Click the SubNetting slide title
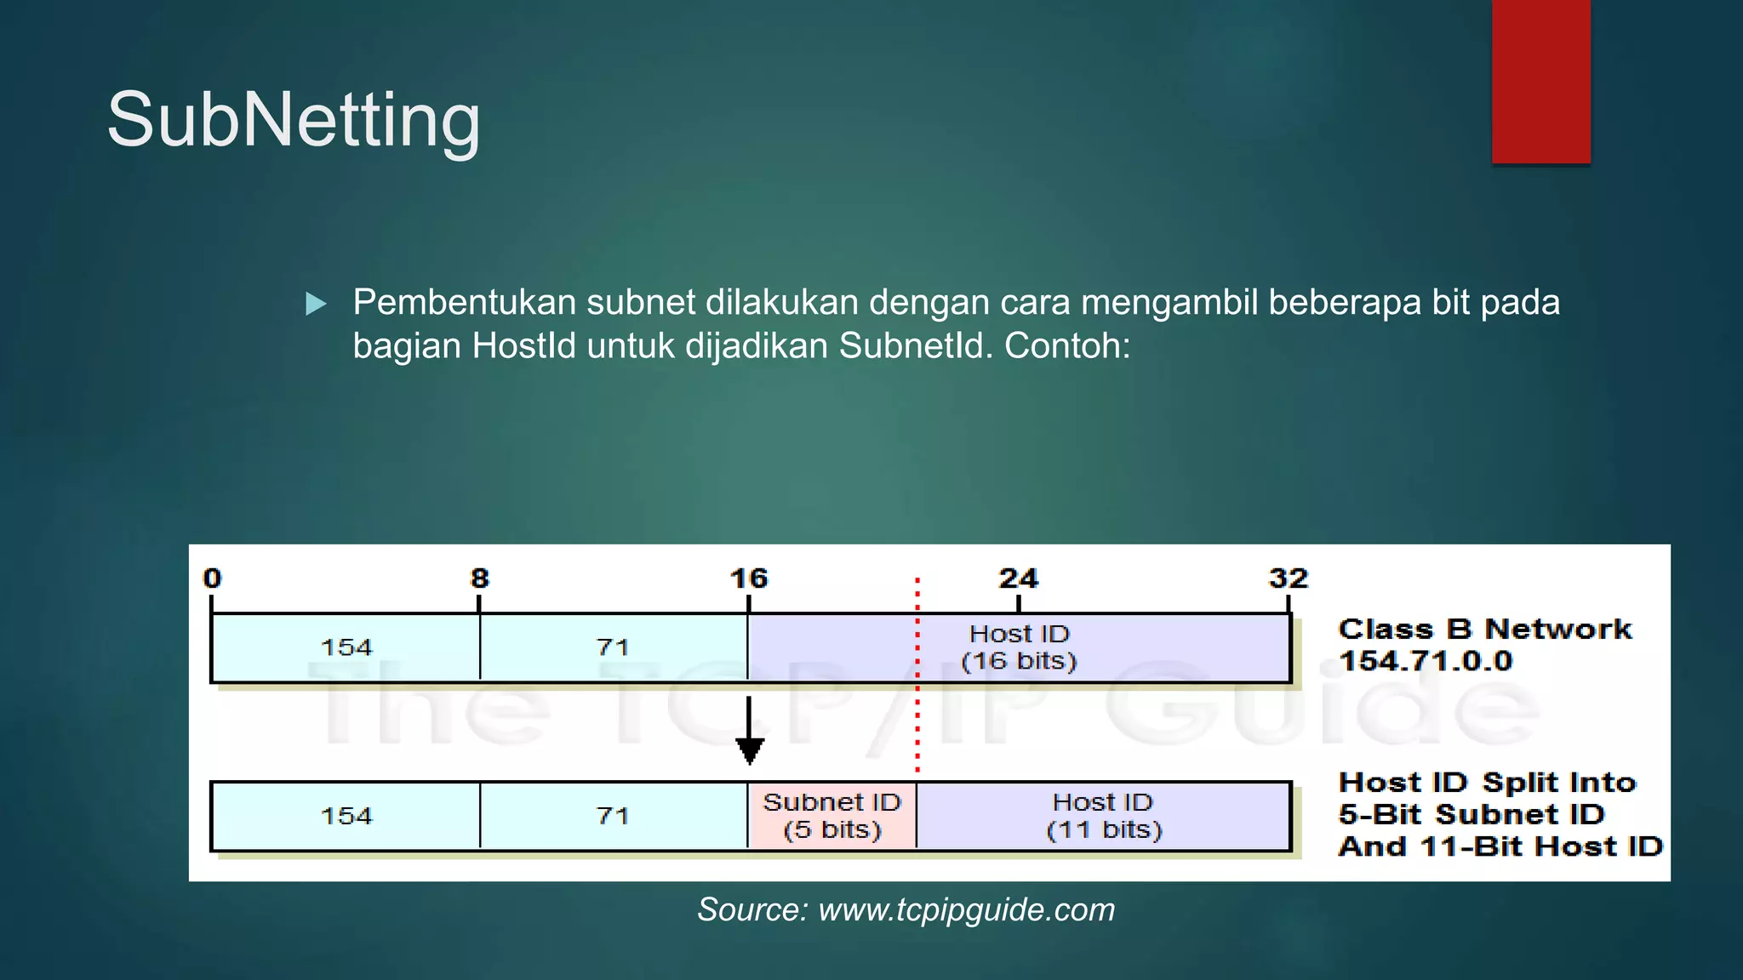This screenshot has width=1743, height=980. coord(294,121)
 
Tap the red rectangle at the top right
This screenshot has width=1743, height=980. coord(1540,81)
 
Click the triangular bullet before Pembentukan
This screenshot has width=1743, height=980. coord(316,304)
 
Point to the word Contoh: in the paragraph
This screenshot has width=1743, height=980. coord(1067,346)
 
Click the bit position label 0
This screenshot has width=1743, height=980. coord(212,578)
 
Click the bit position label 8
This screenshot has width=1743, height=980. coord(480,578)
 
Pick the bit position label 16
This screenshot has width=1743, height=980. coord(749,578)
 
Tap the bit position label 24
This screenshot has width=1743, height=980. coord(1018,578)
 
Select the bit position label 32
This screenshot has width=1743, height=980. coord(1288,578)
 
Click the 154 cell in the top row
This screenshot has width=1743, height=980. coord(346,647)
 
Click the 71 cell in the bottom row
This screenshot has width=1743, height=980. coord(613,816)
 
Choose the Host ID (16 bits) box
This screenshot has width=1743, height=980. coord(1019,647)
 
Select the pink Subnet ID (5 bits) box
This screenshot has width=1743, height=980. coord(831,816)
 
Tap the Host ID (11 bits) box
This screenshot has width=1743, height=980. coord(1103,816)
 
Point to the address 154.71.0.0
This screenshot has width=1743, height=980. coord(1426,661)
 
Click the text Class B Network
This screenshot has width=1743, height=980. coord(1485,629)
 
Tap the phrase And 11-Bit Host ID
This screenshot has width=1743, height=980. coord(1500,846)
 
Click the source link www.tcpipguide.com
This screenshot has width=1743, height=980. coord(966,910)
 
